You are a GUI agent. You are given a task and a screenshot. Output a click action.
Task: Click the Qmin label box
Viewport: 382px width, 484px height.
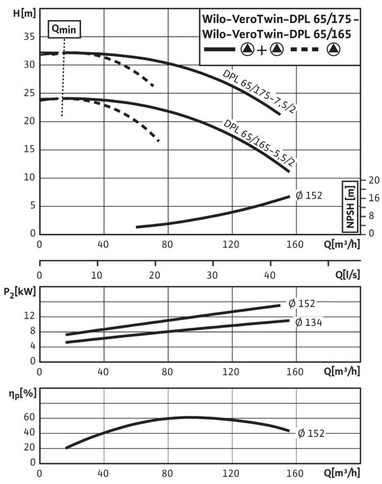click(65, 29)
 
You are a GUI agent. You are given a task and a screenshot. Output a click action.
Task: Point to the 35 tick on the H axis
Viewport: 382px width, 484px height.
click(29, 37)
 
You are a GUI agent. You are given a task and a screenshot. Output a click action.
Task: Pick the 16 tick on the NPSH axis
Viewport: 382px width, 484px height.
click(373, 198)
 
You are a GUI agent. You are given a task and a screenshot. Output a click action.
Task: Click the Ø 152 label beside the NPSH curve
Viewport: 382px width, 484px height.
click(309, 195)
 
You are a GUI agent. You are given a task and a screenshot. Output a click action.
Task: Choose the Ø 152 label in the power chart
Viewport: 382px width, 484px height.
click(302, 303)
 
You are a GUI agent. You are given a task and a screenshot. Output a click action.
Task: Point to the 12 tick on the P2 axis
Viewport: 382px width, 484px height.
click(29, 317)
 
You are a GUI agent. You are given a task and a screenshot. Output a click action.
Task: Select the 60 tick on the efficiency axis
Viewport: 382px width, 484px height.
click(29, 418)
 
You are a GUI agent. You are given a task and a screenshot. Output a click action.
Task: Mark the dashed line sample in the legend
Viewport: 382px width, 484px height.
click(305, 49)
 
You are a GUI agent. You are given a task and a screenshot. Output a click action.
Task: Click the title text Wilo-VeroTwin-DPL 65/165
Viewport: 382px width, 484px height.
click(276, 34)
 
